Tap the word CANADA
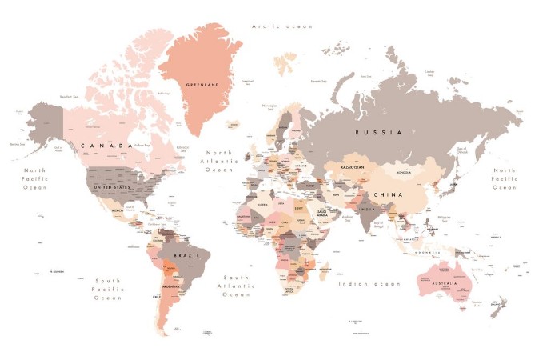(106, 146)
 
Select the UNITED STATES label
(111, 187)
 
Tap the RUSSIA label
(377, 132)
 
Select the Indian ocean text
(369, 283)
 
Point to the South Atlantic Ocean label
(237, 283)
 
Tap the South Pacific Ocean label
(108, 289)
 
